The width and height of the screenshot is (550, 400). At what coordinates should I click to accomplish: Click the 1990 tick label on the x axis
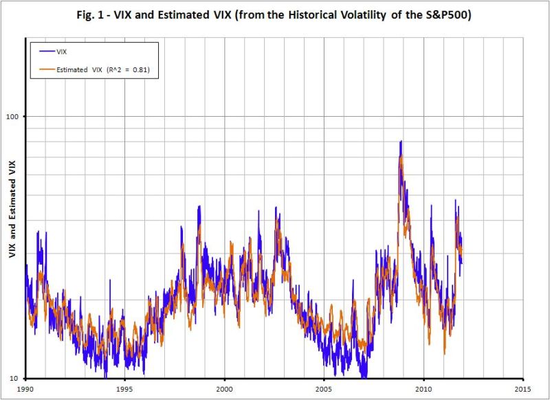26,388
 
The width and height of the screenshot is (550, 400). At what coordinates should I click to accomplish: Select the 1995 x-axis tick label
124,388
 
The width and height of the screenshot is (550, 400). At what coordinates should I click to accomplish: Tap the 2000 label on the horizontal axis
224,388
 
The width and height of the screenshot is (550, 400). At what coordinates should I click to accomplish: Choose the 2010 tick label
423,388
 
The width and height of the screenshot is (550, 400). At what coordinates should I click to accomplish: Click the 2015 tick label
522,388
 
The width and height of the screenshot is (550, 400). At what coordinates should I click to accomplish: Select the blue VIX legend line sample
45,50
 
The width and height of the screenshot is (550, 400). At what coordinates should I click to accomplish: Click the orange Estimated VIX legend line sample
45,69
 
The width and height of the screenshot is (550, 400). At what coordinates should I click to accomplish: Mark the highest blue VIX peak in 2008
400,141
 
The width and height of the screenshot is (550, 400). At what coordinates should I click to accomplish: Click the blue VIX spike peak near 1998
199,205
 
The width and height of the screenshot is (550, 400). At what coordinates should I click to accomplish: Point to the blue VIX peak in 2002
276,207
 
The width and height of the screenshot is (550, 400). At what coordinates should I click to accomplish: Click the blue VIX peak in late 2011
454,200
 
